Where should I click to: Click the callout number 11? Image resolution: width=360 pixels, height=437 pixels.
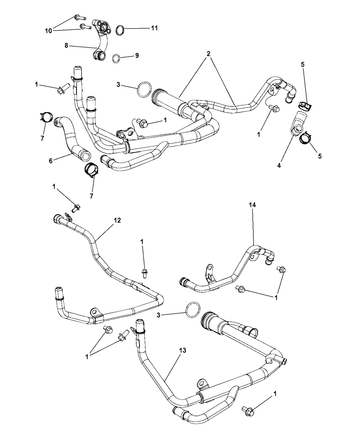(154, 28)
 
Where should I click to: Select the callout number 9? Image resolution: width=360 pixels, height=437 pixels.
(137, 55)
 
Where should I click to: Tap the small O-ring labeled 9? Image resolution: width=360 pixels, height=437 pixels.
(117, 58)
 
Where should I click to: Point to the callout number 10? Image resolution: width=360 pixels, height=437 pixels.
(49, 31)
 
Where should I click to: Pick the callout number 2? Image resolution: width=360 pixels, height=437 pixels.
(208, 54)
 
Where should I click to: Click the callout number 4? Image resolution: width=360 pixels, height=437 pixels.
(279, 166)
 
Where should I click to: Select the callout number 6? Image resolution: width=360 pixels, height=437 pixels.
(51, 160)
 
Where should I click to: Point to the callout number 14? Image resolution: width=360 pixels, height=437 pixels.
(253, 205)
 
